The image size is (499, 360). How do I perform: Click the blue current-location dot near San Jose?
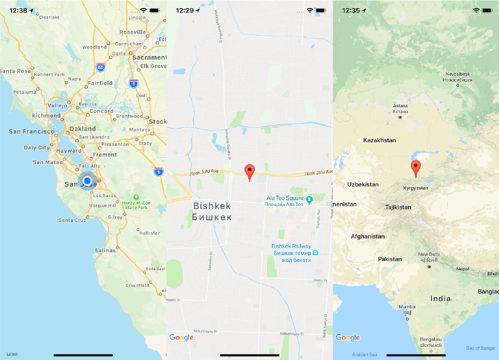click(87, 182)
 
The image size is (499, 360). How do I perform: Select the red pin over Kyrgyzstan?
click(416, 167)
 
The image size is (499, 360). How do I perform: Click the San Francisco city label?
click(32, 132)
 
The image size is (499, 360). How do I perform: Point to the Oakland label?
click(82, 129)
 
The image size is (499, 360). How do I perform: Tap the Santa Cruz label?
click(73, 220)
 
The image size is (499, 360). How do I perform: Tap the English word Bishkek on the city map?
click(212, 206)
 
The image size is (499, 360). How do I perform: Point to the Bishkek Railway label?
click(291, 246)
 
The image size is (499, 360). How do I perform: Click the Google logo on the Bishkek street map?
click(182, 338)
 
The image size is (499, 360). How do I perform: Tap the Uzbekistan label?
click(364, 184)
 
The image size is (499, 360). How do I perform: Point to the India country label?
click(441, 299)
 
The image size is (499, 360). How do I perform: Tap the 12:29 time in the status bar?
click(185, 11)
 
